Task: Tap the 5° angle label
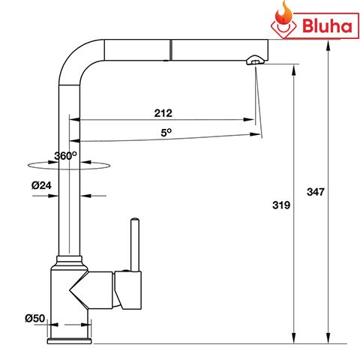tap(165, 132)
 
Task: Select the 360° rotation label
tap(65, 156)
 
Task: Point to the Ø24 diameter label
tap(40, 184)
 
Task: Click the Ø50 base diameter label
tap(34, 318)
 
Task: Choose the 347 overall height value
tap(316, 192)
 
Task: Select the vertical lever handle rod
tap(135, 244)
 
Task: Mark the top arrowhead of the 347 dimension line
tap(329, 43)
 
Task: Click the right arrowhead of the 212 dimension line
tap(250, 120)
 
